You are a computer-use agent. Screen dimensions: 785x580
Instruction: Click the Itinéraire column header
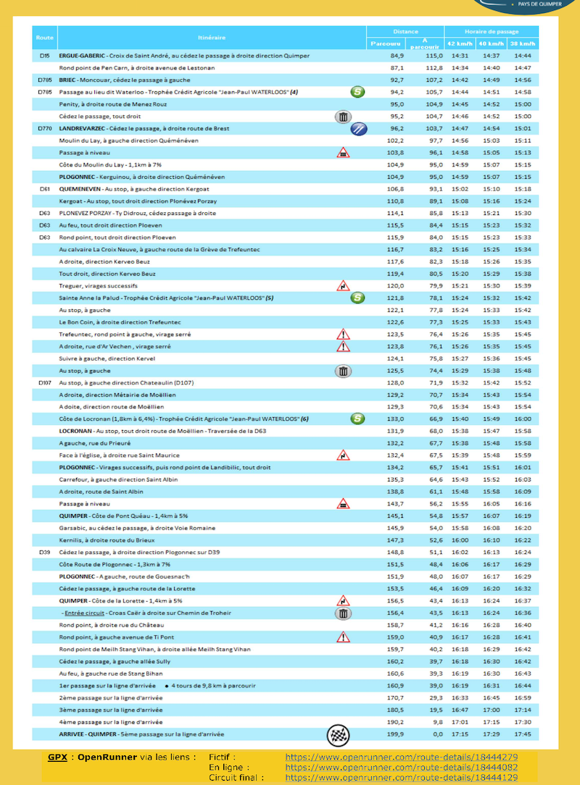(x=211, y=37)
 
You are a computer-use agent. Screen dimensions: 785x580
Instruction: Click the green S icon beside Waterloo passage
(x=357, y=92)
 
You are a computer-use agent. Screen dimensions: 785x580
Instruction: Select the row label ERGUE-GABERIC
(x=82, y=56)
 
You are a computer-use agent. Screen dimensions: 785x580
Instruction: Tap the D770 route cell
(x=45, y=128)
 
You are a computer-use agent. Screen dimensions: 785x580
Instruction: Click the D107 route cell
(x=45, y=382)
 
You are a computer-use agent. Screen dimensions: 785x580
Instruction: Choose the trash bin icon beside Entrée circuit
(x=343, y=613)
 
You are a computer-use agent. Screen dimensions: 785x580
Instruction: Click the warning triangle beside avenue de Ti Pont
(x=343, y=637)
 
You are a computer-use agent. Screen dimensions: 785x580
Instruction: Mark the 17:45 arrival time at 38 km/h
(x=523, y=734)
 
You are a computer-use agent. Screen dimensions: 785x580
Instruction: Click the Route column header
(x=45, y=37)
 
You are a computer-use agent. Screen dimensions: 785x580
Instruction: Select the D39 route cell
(x=45, y=552)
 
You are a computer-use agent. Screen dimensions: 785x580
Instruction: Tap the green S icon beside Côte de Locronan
(x=357, y=419)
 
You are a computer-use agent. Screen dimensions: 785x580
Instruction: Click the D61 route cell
(x=45, y=189)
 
